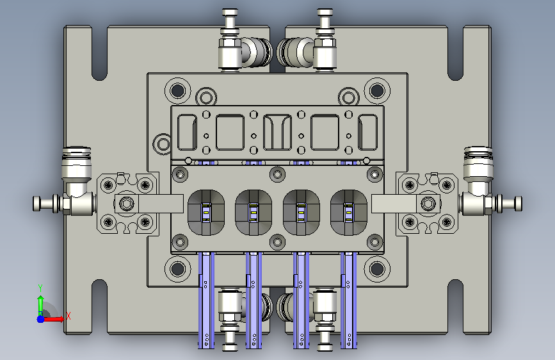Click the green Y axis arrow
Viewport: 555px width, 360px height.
[x=41, y=303]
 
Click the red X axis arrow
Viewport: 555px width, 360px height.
[x=53, y=319]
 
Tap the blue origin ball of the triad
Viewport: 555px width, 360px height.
[x=40, y=319]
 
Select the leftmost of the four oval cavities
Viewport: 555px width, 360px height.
[x=205, y=213]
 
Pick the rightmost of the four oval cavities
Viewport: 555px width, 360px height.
[x=349, y=213]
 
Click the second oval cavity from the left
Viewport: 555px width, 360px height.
[x=253, y=213]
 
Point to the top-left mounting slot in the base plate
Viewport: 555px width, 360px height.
[x=99, y=53]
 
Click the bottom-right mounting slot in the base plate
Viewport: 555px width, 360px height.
[x=456, y=306]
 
